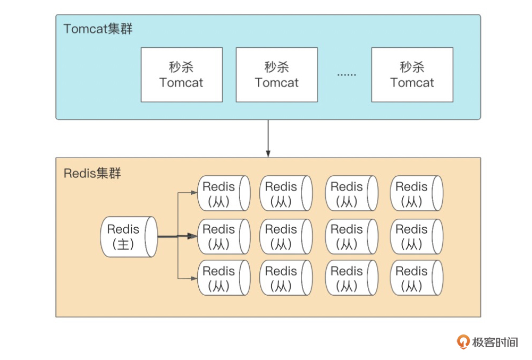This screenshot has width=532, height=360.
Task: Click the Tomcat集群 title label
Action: coord(98,29)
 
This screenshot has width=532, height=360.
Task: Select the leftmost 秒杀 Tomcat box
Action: coord(181,75)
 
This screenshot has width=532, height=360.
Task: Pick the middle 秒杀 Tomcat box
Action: coord(276,75)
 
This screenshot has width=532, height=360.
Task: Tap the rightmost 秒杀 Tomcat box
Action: coord(412,75)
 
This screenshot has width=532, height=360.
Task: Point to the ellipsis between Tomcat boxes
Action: coord(347,75)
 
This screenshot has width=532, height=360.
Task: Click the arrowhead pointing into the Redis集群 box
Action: coord(268,153)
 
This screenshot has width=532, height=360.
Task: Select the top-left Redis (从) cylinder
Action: coord(224,194)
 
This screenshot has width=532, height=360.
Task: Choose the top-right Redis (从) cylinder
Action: coord(416,194)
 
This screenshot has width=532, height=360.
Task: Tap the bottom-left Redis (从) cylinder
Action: coord(224,278)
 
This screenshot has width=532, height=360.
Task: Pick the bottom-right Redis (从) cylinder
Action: coord(416,278)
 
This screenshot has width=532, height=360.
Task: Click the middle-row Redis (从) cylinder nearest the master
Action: coord(224,237)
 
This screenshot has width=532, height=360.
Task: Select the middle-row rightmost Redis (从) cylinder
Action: coord(416,237)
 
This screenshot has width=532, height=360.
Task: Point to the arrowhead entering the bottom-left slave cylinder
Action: coord(194,278)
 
